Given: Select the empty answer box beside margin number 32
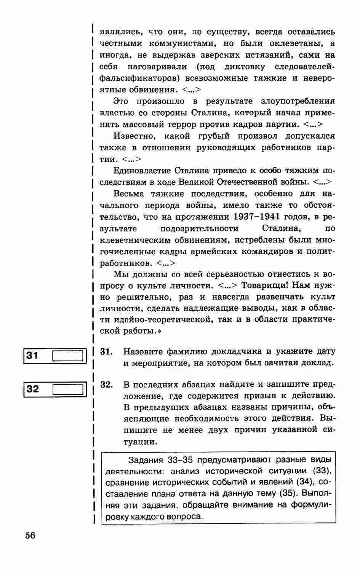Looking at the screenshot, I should click(67, 389).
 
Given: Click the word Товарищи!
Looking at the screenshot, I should click(266, 285).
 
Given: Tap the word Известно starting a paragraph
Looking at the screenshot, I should click(135, 136).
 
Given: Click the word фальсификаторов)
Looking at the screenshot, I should click(140, 78).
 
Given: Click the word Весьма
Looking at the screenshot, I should click(129, 194).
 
